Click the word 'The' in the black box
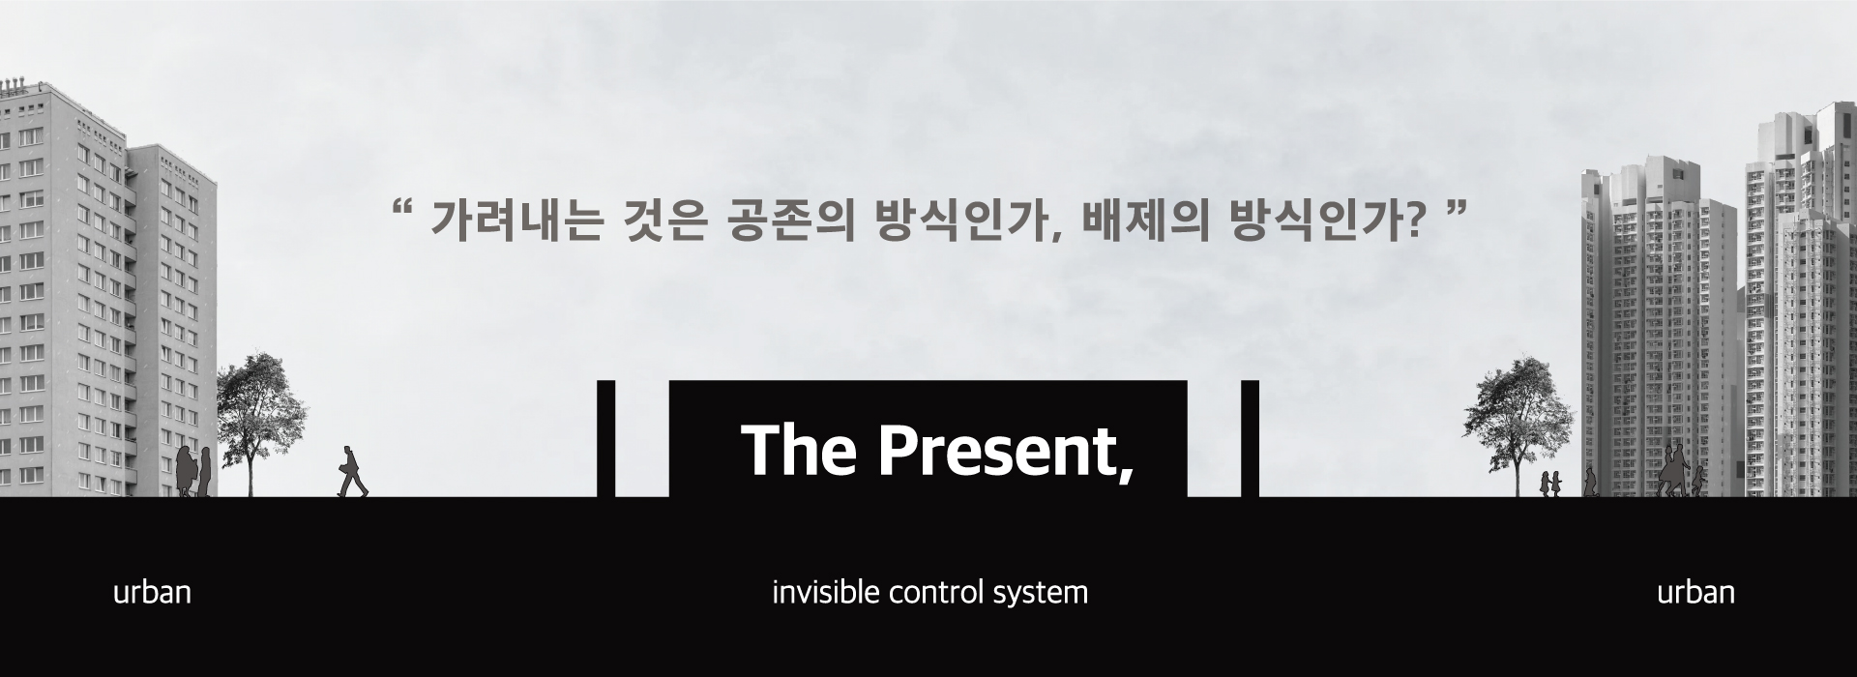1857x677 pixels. tap(799, 450)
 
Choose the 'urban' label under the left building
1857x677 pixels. tap(152, 593)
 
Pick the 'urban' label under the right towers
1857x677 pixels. tap(1695, 593)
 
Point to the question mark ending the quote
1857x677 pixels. tap(1414, 222)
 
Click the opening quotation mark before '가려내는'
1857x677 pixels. tap(405, 209)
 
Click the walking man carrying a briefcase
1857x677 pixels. tap(351, 472)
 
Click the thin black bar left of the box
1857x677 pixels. tap(606, 438)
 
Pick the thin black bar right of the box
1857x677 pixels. tap(1250, 438)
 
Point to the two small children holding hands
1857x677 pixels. tap(1550, 484)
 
